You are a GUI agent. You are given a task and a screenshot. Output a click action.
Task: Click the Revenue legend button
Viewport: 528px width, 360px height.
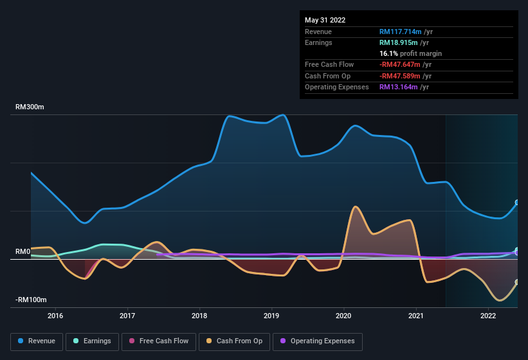(x=37, y=341)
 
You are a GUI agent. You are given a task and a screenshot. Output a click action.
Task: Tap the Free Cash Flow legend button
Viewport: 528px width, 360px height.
(x=159, y=341)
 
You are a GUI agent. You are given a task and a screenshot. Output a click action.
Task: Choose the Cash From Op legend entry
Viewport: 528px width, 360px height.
(x=234, y=341)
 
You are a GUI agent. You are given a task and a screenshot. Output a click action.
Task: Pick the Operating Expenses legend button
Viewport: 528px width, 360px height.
(x=318, y=341)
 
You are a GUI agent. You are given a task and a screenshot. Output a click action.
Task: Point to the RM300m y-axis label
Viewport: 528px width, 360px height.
(x=30, y=107)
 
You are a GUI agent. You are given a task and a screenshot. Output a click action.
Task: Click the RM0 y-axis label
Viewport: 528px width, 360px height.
(x=23, y=251)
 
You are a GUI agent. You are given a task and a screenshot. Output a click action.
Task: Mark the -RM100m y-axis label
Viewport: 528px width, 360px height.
(x=31, y=300)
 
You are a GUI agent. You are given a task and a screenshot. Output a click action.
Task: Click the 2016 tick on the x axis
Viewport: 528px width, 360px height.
(x=55, y=316)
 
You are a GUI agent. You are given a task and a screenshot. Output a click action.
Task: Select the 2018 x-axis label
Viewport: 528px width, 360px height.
(x=199, y=316)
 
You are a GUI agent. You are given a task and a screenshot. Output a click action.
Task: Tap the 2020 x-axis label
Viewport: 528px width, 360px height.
(x=343, y=316)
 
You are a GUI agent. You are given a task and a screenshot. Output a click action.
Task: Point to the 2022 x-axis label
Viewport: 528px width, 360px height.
(x=488, y=316)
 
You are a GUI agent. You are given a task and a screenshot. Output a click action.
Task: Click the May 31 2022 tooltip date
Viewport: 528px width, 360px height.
(x=325, y=20)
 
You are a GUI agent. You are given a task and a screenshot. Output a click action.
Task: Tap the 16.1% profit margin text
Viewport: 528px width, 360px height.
(x=410, y=53)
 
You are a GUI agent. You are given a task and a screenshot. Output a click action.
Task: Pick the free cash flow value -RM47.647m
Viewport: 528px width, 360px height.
(x=405, y=64)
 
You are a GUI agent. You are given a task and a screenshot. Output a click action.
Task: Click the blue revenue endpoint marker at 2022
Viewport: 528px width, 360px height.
(x=517, y=203)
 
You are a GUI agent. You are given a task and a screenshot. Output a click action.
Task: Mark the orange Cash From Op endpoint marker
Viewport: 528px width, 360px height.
(x=517, y=282)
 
